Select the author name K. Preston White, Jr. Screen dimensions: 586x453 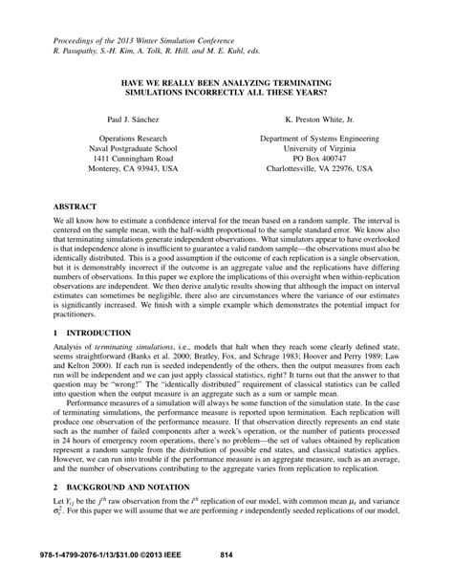[x=320, y=123]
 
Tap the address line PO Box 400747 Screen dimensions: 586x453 [x=320, y=166]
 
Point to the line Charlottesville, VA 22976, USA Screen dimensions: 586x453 [x=320, y=178]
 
